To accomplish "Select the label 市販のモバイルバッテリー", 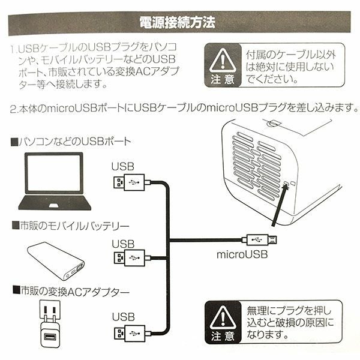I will point(66,226).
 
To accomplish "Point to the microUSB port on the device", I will point(286,185).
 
